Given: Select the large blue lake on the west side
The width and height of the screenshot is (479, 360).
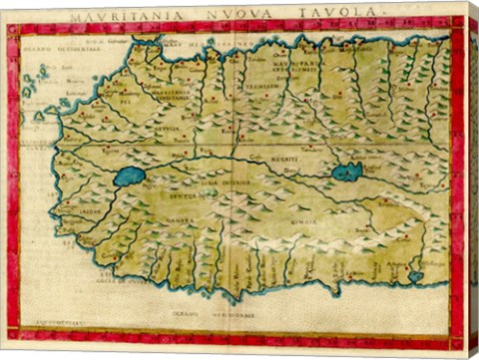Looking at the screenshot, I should (x=130, y=177).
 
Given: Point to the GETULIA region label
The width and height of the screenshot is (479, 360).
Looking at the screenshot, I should (x=166, y=130).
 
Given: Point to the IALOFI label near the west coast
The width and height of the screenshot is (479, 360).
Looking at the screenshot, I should (x=88, y=211).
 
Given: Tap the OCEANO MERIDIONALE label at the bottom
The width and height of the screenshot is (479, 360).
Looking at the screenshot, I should (x=232, y=315).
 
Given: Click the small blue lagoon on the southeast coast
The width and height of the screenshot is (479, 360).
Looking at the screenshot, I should (x=416, y=276).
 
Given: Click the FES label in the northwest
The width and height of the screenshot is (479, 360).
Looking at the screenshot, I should (x=127, y=100).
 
